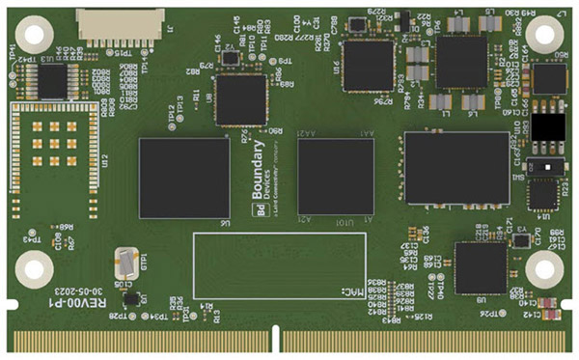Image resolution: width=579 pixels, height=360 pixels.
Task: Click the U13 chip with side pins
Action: click(52, 81)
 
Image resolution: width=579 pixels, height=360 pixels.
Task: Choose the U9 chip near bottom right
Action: click(480, 267)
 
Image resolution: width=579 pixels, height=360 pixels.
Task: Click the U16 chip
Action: click(368, 65)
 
